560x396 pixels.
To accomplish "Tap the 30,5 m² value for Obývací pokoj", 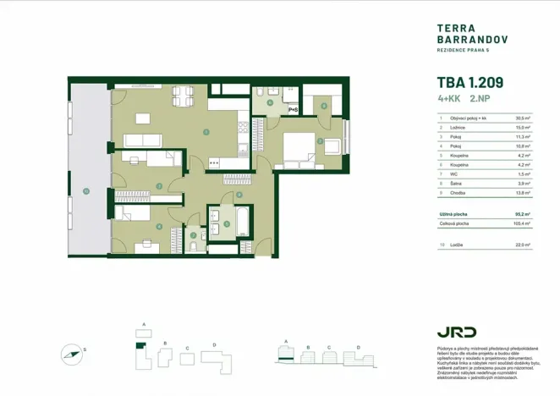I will coord(522,119).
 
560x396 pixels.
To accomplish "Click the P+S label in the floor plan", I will coord(293,110).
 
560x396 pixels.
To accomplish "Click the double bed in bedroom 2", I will coord(299,149).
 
